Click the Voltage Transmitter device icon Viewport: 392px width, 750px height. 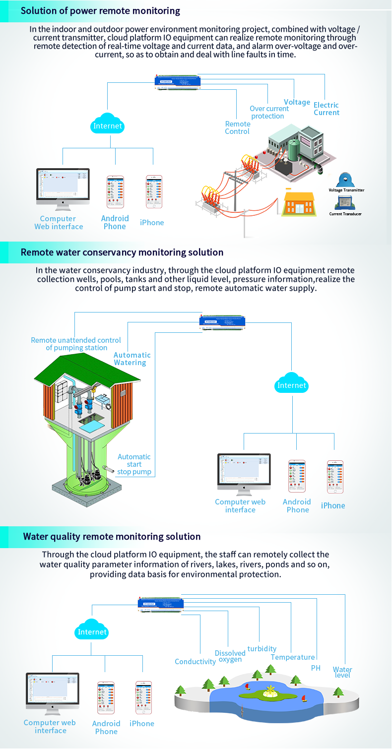(346, 180)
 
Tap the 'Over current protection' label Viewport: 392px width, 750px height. (268, 112)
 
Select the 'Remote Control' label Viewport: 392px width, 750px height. (237, 127)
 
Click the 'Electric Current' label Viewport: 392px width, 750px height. (326, 109)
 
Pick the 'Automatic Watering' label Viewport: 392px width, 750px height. (131, 359)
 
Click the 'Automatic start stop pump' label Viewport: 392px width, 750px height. (134, 464)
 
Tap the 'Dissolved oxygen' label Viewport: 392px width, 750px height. (230, 656)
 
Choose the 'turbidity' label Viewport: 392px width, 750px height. (261, 649)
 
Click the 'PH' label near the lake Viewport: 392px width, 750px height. (316, 668)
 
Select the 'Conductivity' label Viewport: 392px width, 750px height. (195, 662)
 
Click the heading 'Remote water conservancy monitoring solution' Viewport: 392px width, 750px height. (122, 252)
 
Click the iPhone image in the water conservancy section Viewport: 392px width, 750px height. (335, 477)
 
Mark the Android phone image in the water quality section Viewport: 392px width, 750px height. (105, 698)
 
